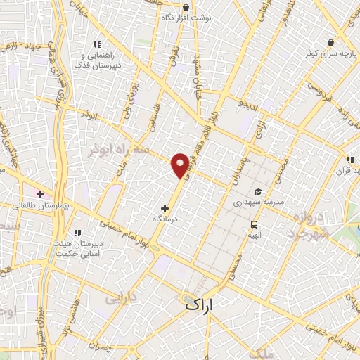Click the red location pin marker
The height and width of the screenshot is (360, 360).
click(181, 165)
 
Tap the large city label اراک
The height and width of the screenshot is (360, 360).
click(210, 304)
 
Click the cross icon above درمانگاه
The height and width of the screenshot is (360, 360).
click(165, 208)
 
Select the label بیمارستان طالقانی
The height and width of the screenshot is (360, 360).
click(41, 205)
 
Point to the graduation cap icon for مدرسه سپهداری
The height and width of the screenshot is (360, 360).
click(258, 191)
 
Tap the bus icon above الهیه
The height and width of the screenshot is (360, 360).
click(253, 224)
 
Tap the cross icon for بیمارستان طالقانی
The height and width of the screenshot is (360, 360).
click(40, 194)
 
